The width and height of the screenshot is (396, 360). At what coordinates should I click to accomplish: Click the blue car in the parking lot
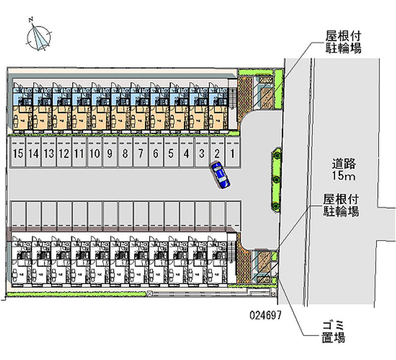pyautogui.click(x=220, y=175)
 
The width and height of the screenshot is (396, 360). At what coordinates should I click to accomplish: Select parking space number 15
pyautogui.click(x=18, y=154)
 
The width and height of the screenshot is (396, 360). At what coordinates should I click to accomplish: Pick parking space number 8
pyautogui.click(x=125, y=154)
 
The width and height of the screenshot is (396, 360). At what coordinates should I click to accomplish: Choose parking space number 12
pyautogui.click(x=63, y=154)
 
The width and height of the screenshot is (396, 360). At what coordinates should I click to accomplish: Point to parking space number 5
pyautogui.click(x=171, y=154)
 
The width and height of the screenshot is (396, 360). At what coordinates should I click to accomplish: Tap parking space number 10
pyautogui.click(x=95, y=154)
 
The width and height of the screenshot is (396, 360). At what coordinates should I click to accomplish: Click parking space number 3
pyautogui.click(x=201, y=154)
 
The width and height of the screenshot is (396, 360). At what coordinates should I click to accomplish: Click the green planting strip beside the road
pyautogui.click(x=276, y=179)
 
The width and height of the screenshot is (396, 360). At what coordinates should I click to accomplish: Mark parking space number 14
pyautogui.click(x=33, y=154)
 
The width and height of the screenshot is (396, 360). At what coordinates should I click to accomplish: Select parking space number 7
pyautogui.click(x=141, y=154)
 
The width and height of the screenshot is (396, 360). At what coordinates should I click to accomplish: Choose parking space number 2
pyautogui.click(x=216, y=154)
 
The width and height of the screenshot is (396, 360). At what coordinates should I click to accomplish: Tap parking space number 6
pyautogui.click(x=155, y=154)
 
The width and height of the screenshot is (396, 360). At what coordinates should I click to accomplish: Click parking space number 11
pyautogui.click(x=79, y=154)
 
